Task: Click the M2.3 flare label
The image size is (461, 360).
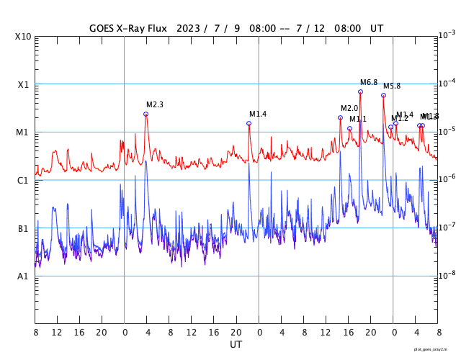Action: pos(155,104)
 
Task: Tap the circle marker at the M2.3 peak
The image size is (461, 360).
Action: pos(146,114)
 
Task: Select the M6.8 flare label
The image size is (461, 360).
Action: pos(369,83)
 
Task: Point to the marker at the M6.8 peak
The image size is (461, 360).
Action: pos(360,91)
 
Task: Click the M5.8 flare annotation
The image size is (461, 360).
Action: pos(392,86)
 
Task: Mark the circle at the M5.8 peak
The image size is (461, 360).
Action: pos(383,95)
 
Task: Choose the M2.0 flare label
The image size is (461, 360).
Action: pos(349,109)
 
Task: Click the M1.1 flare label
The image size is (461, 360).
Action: pos(358,119)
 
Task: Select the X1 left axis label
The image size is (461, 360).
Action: pos(23,84)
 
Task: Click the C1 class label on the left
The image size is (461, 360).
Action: pos(23,180)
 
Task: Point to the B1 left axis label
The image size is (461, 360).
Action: pos(23,228)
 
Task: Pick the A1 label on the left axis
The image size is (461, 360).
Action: pos(23,276)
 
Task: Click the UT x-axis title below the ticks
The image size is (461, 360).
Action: pos(236,345)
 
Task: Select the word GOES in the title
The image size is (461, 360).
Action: pos(104,28)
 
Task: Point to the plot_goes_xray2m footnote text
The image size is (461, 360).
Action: pos(436,349)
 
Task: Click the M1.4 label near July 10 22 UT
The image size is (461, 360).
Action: pos(258,114)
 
